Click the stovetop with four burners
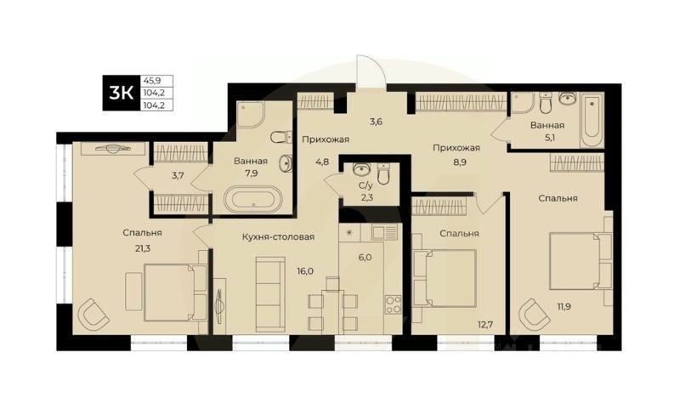(393, 304)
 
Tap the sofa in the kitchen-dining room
(269, 283)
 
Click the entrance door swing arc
(371, 70)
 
